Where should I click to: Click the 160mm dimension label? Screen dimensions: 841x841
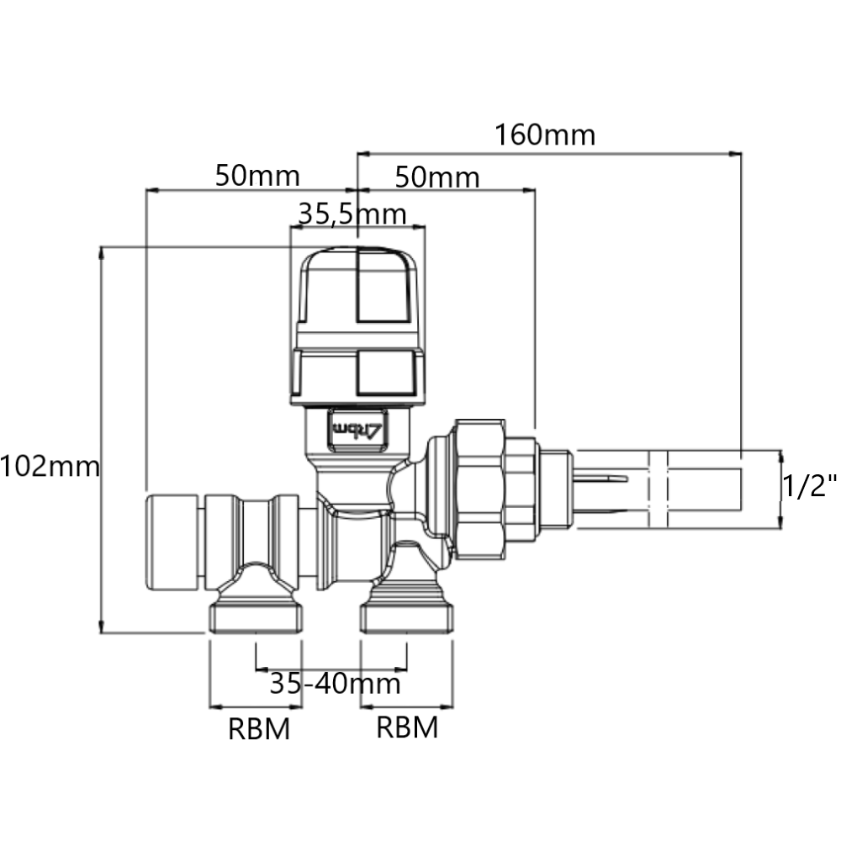point(544,135)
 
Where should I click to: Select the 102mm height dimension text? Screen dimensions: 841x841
point(50,466)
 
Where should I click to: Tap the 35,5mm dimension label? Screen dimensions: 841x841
point(352,214)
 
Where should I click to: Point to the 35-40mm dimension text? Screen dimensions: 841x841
point(335,683)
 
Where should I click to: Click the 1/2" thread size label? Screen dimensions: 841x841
point(810,485)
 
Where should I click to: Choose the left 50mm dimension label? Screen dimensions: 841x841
point(257,176)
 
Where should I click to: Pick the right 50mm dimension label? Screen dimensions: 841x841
point(437,177)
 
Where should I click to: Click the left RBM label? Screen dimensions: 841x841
point(259,729)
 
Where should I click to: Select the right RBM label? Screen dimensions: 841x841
point(407,727)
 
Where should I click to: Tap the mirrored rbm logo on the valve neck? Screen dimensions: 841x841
point(357,429)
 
